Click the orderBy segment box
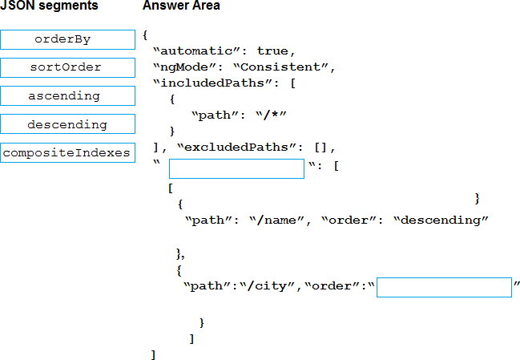[67, 39]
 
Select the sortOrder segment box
[67, 67]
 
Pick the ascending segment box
[67, 96]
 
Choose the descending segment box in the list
[67, 125]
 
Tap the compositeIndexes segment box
[67, 152]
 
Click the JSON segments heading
[50, 6]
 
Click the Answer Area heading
[181, 6]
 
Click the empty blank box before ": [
[236, 168]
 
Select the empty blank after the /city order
[444, 288]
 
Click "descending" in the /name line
[441, 220]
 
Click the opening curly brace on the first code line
[145, 35]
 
